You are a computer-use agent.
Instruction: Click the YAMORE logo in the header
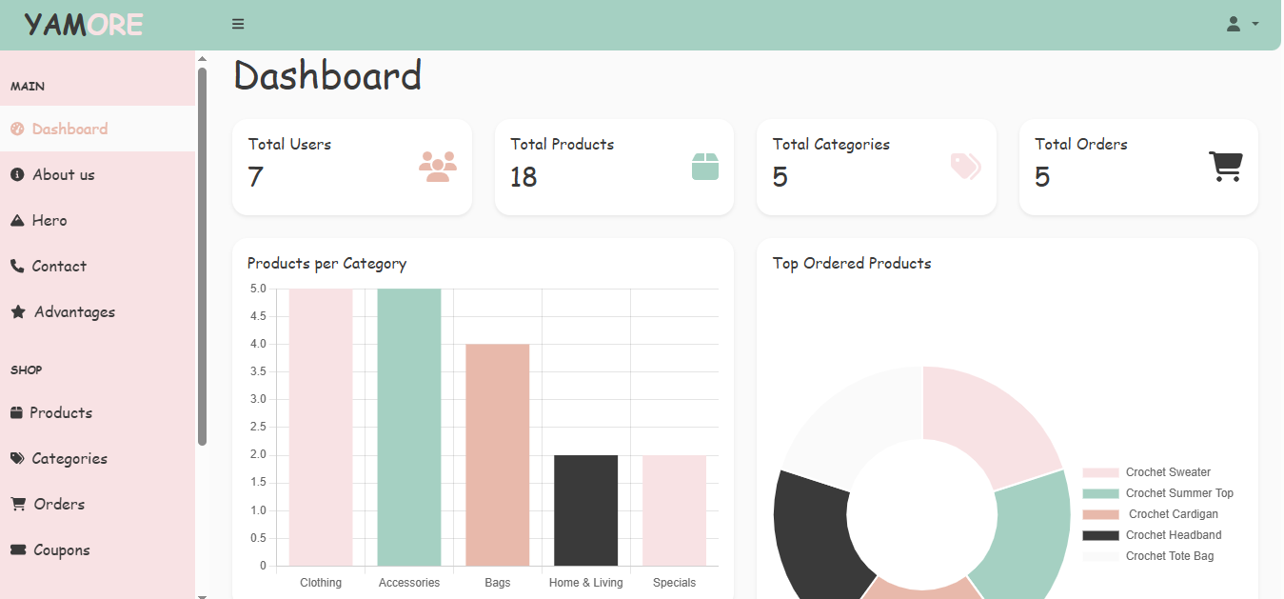point(84,25)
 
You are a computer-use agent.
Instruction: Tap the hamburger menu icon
point(238,25)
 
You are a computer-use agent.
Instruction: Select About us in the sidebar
point(63,175)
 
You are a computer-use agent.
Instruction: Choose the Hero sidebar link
point(49,221)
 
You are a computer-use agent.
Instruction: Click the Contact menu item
point(59,267)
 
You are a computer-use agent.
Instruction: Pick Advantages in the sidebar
point(74,312)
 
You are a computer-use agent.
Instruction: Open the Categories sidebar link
point(69,459)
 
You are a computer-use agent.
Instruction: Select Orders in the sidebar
point(59,505)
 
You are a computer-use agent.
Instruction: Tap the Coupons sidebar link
point(61,550)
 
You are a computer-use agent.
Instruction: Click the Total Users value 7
point(255,177)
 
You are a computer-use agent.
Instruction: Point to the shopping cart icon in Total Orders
point(1225,167)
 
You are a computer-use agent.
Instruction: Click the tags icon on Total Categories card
point(965,167)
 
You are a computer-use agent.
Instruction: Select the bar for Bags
point(497,455)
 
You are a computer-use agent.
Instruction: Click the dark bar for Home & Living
point(585,510)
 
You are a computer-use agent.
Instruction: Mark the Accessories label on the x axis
point(409,583)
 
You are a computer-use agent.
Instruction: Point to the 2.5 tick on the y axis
point(258,427)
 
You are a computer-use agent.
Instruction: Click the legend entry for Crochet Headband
point(1173,535)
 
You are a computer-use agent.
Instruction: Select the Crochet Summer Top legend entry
point(1178,493)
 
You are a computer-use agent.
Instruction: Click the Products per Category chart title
point(326,264)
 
